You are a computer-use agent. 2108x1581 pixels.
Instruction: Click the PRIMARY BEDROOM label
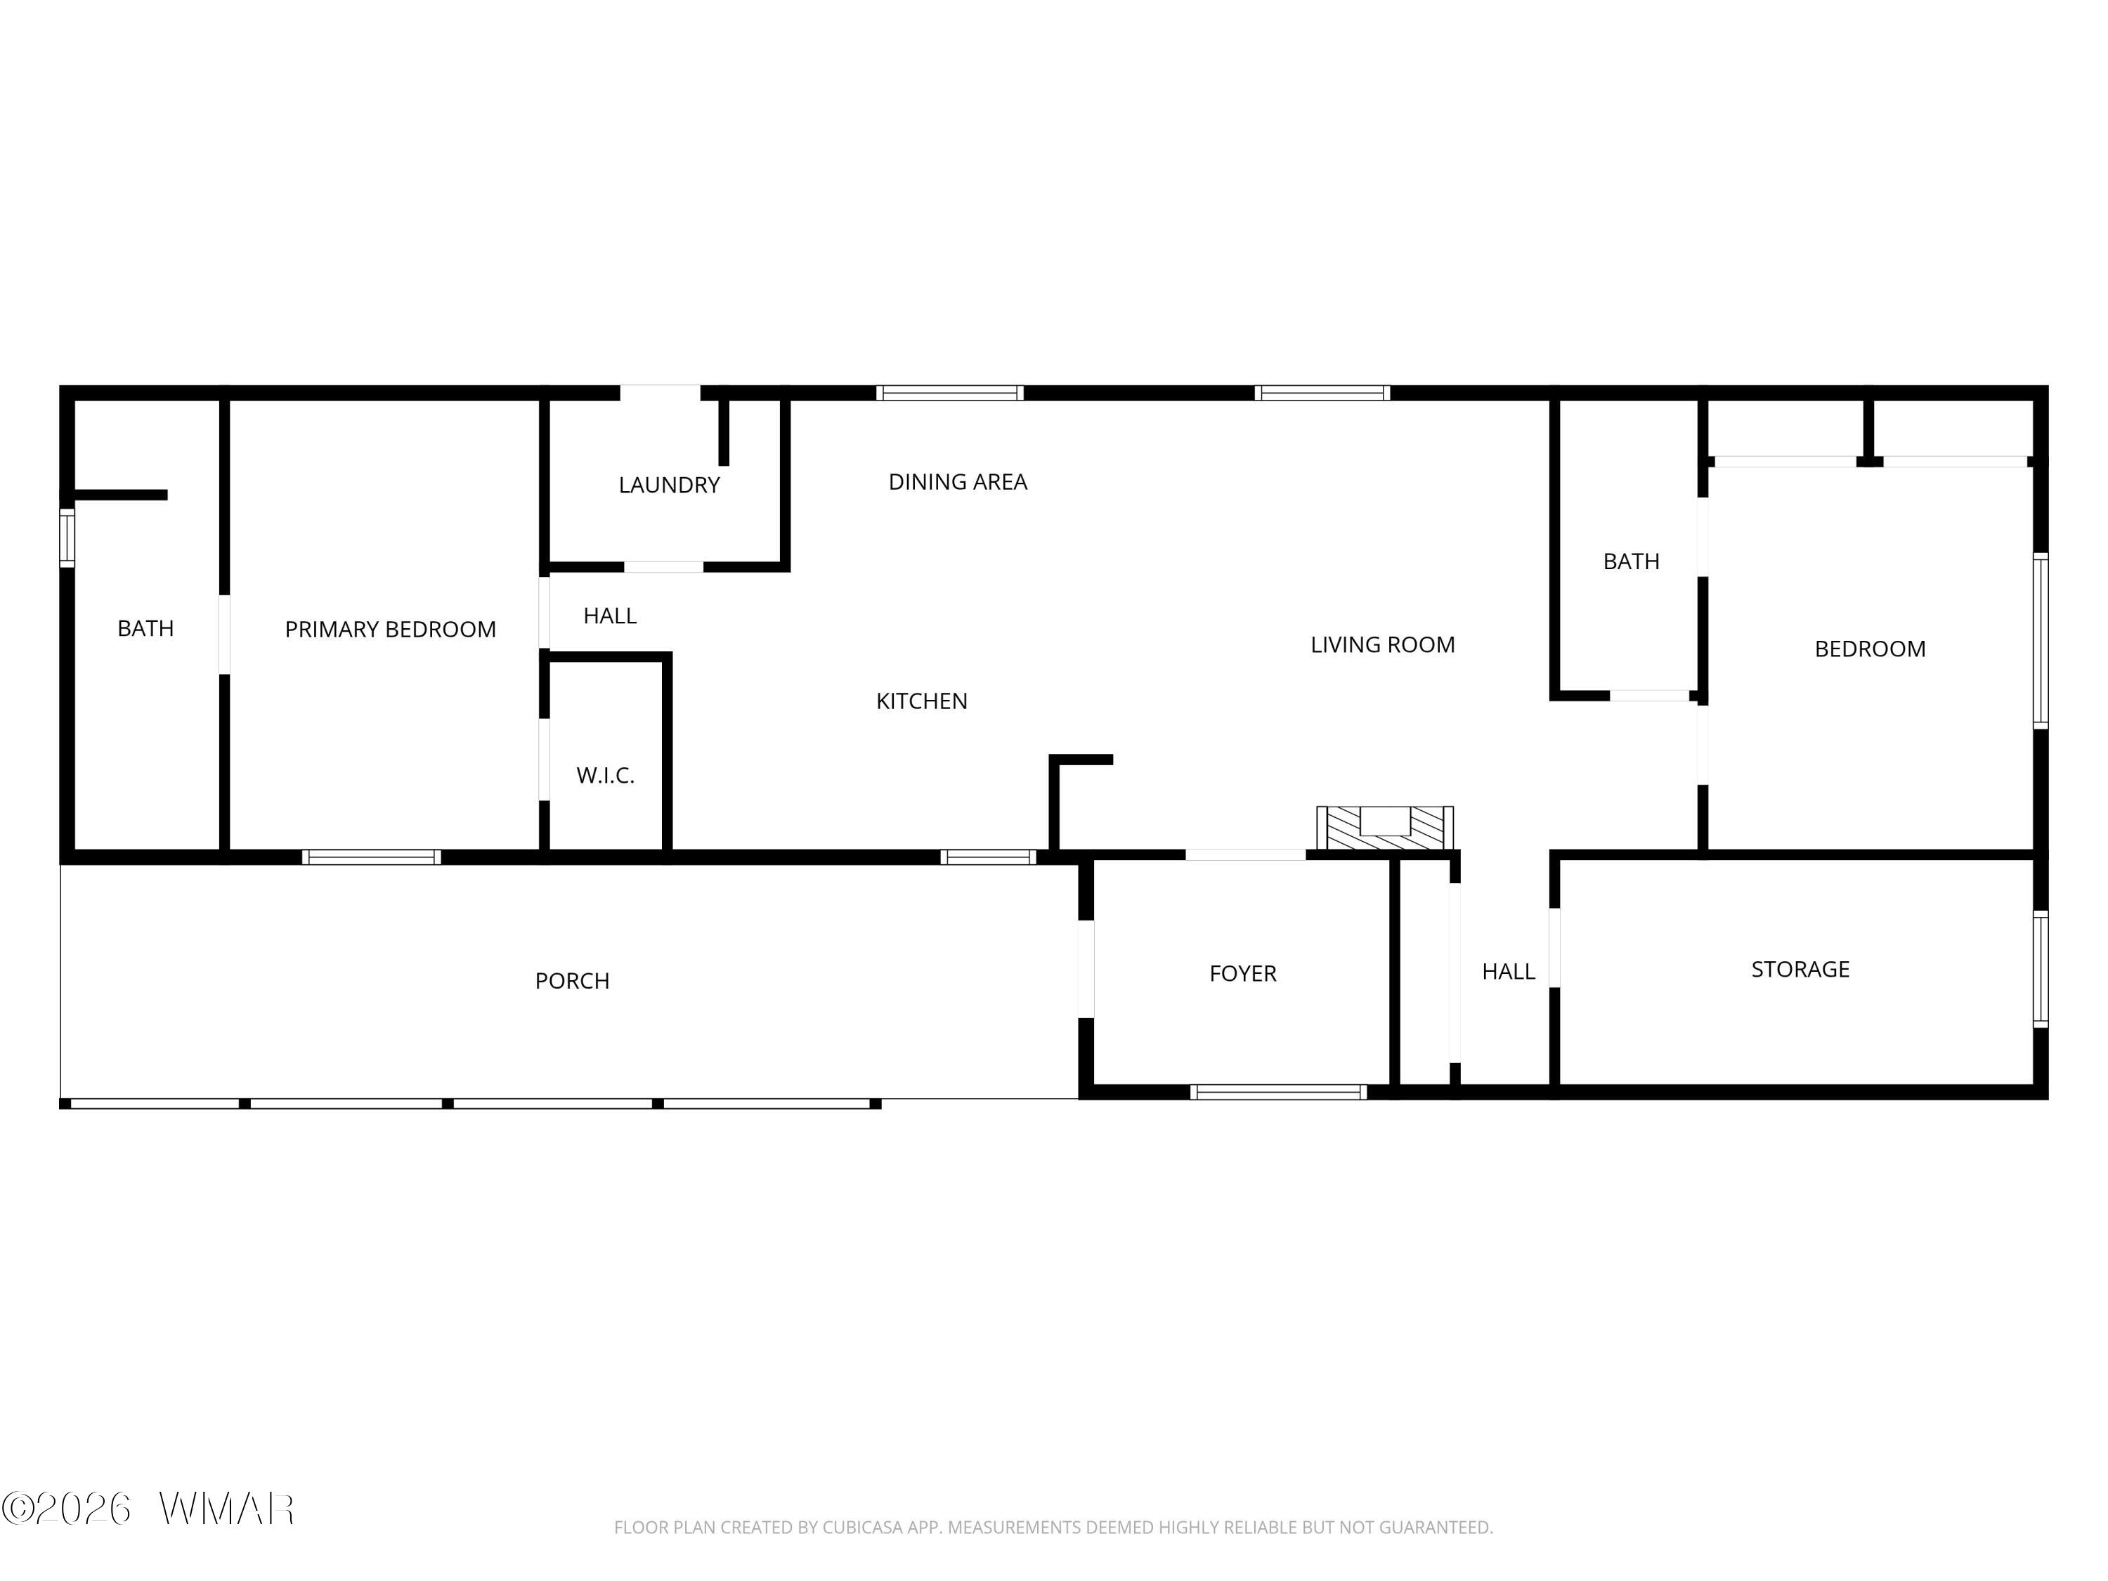tap(390, 629)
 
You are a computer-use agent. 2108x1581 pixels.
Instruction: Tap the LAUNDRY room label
tap(669, 485)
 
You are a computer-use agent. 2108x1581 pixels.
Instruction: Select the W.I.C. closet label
tap(605, 776)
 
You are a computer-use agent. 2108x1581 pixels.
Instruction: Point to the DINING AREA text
tap(958, 482)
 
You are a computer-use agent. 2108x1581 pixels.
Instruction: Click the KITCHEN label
tap(921, 701)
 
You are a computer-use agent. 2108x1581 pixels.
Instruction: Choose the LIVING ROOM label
tap(1383, 645)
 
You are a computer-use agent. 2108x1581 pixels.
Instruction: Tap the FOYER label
tap(1243, 974)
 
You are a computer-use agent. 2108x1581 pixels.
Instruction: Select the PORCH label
tap(572, 982)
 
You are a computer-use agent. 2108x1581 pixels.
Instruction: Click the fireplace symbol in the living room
tap(1385, 827)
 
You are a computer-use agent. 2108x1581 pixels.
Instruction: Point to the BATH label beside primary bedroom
tap(146, 629)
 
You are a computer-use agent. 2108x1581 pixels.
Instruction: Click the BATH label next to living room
tap(1632, 562)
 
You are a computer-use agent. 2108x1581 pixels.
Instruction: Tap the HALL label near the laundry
tap(610, 616)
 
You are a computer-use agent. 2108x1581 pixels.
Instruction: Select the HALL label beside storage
tap(1509, 972)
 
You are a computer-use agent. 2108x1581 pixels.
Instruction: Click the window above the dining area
tap(950, 393)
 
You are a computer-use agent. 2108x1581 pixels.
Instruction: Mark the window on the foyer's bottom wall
tap(1278, 1092)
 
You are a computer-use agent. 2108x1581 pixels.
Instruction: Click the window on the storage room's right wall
tap(2041, 969)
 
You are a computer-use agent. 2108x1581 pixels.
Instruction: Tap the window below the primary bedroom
tap(372, 857)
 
